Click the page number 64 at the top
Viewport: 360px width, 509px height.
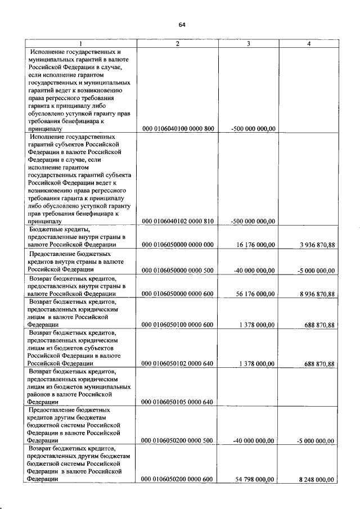(182, 24)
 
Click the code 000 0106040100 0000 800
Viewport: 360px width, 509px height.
(178, 129)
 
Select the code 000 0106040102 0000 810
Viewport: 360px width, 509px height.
(178, 221)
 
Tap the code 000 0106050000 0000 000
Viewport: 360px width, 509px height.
(178, 245)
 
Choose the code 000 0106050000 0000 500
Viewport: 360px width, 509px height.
(178, 271)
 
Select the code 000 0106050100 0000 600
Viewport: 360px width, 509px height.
(178, 325)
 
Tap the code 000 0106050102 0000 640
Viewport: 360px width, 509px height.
(178, 364)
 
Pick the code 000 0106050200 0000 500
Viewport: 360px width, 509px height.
(178, 441)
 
